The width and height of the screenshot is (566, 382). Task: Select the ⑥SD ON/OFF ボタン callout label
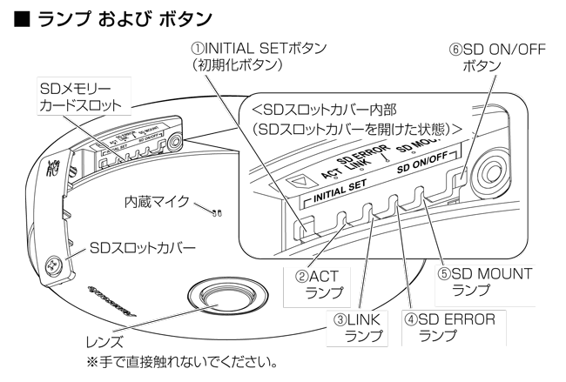[489, 58]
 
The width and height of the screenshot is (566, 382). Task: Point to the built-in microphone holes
[215, 211]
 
